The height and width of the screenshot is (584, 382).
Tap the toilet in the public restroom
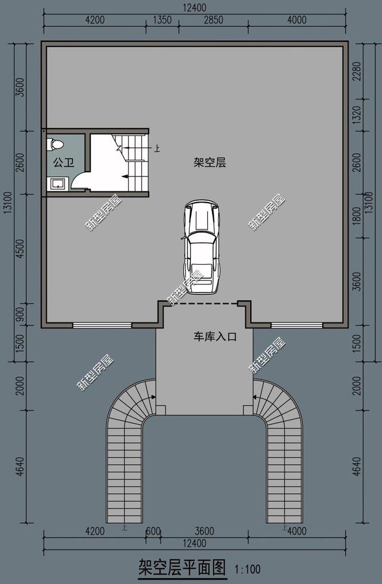click(x=57, y=144)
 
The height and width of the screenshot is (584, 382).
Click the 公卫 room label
click(x=63, y=163)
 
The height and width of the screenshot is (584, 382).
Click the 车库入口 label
click(x=214, y=337)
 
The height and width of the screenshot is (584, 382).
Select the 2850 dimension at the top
click(x=213, y=20)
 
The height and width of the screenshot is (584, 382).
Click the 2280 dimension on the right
click(x=357, y=74)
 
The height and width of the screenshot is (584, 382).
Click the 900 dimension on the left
click(x=20, y=315)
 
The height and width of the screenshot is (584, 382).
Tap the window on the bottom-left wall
click(x=102, y=325)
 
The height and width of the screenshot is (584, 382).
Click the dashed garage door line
click(x=204, y=304)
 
